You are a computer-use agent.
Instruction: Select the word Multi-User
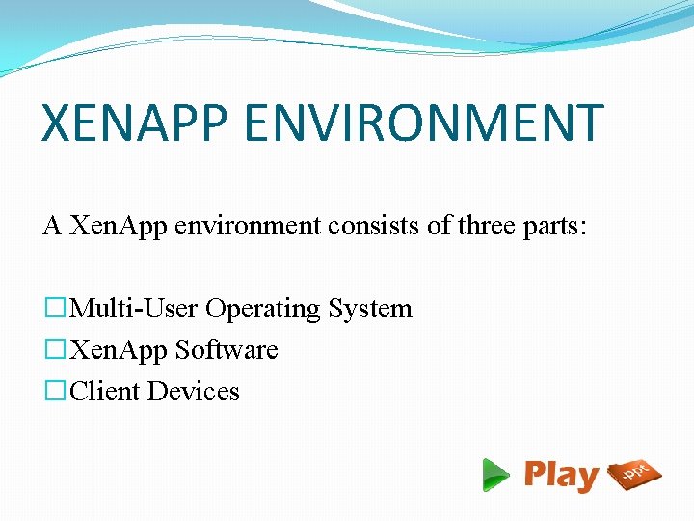click(x=134, y=309)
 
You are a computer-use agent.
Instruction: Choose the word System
click(x=370, y=309)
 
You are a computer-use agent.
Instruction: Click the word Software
click(x=227, y=350)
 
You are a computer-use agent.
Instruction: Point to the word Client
click(x=105, y=392)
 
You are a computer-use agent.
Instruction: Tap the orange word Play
click(x=561, y=476)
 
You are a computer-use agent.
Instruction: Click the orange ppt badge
click(x=635, y=473)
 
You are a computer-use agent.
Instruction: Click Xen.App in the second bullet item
click(x=120, y=350)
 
